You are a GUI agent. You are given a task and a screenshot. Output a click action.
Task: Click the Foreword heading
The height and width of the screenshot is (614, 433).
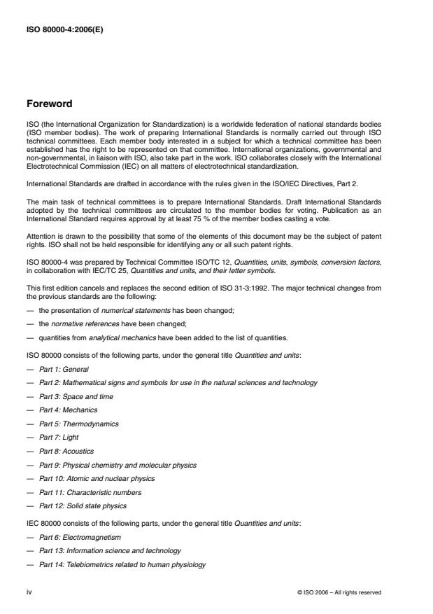[49, 104]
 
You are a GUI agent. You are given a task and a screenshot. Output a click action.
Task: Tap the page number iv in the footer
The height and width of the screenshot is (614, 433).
[29, 592]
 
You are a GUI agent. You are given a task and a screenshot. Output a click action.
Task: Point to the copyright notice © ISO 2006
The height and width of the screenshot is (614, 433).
[339, 592]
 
